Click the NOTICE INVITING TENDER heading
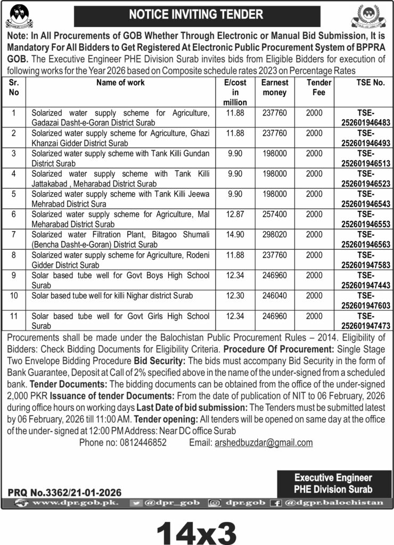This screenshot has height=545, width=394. click(196, 15)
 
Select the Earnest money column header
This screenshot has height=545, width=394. click(274, 88)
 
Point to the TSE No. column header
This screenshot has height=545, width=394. click(363, 83)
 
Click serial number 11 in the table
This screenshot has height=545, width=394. click(14, 316)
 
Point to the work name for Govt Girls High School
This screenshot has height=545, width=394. click(120, 320)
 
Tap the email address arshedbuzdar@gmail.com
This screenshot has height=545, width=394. click(262, 443)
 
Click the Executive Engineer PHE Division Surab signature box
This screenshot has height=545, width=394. click(333, 483)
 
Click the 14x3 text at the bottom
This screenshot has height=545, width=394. click(196, 528)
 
